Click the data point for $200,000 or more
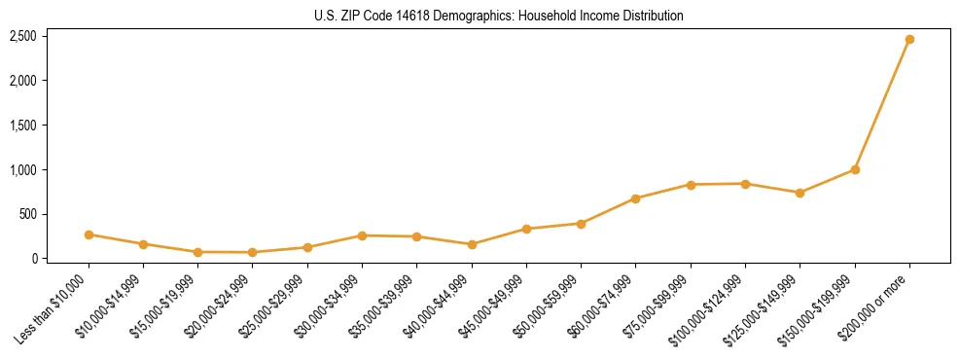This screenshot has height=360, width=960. [909, 40]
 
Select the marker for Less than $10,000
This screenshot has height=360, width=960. [89, 234]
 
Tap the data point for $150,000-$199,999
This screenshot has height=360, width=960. [855, 169]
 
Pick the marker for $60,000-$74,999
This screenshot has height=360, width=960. [635, 198]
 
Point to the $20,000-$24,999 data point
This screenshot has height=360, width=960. [253, 252]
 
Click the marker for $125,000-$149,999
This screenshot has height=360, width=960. [800, 193]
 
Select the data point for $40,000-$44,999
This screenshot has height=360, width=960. [472, 244]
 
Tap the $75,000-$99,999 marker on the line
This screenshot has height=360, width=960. [691, 185]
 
